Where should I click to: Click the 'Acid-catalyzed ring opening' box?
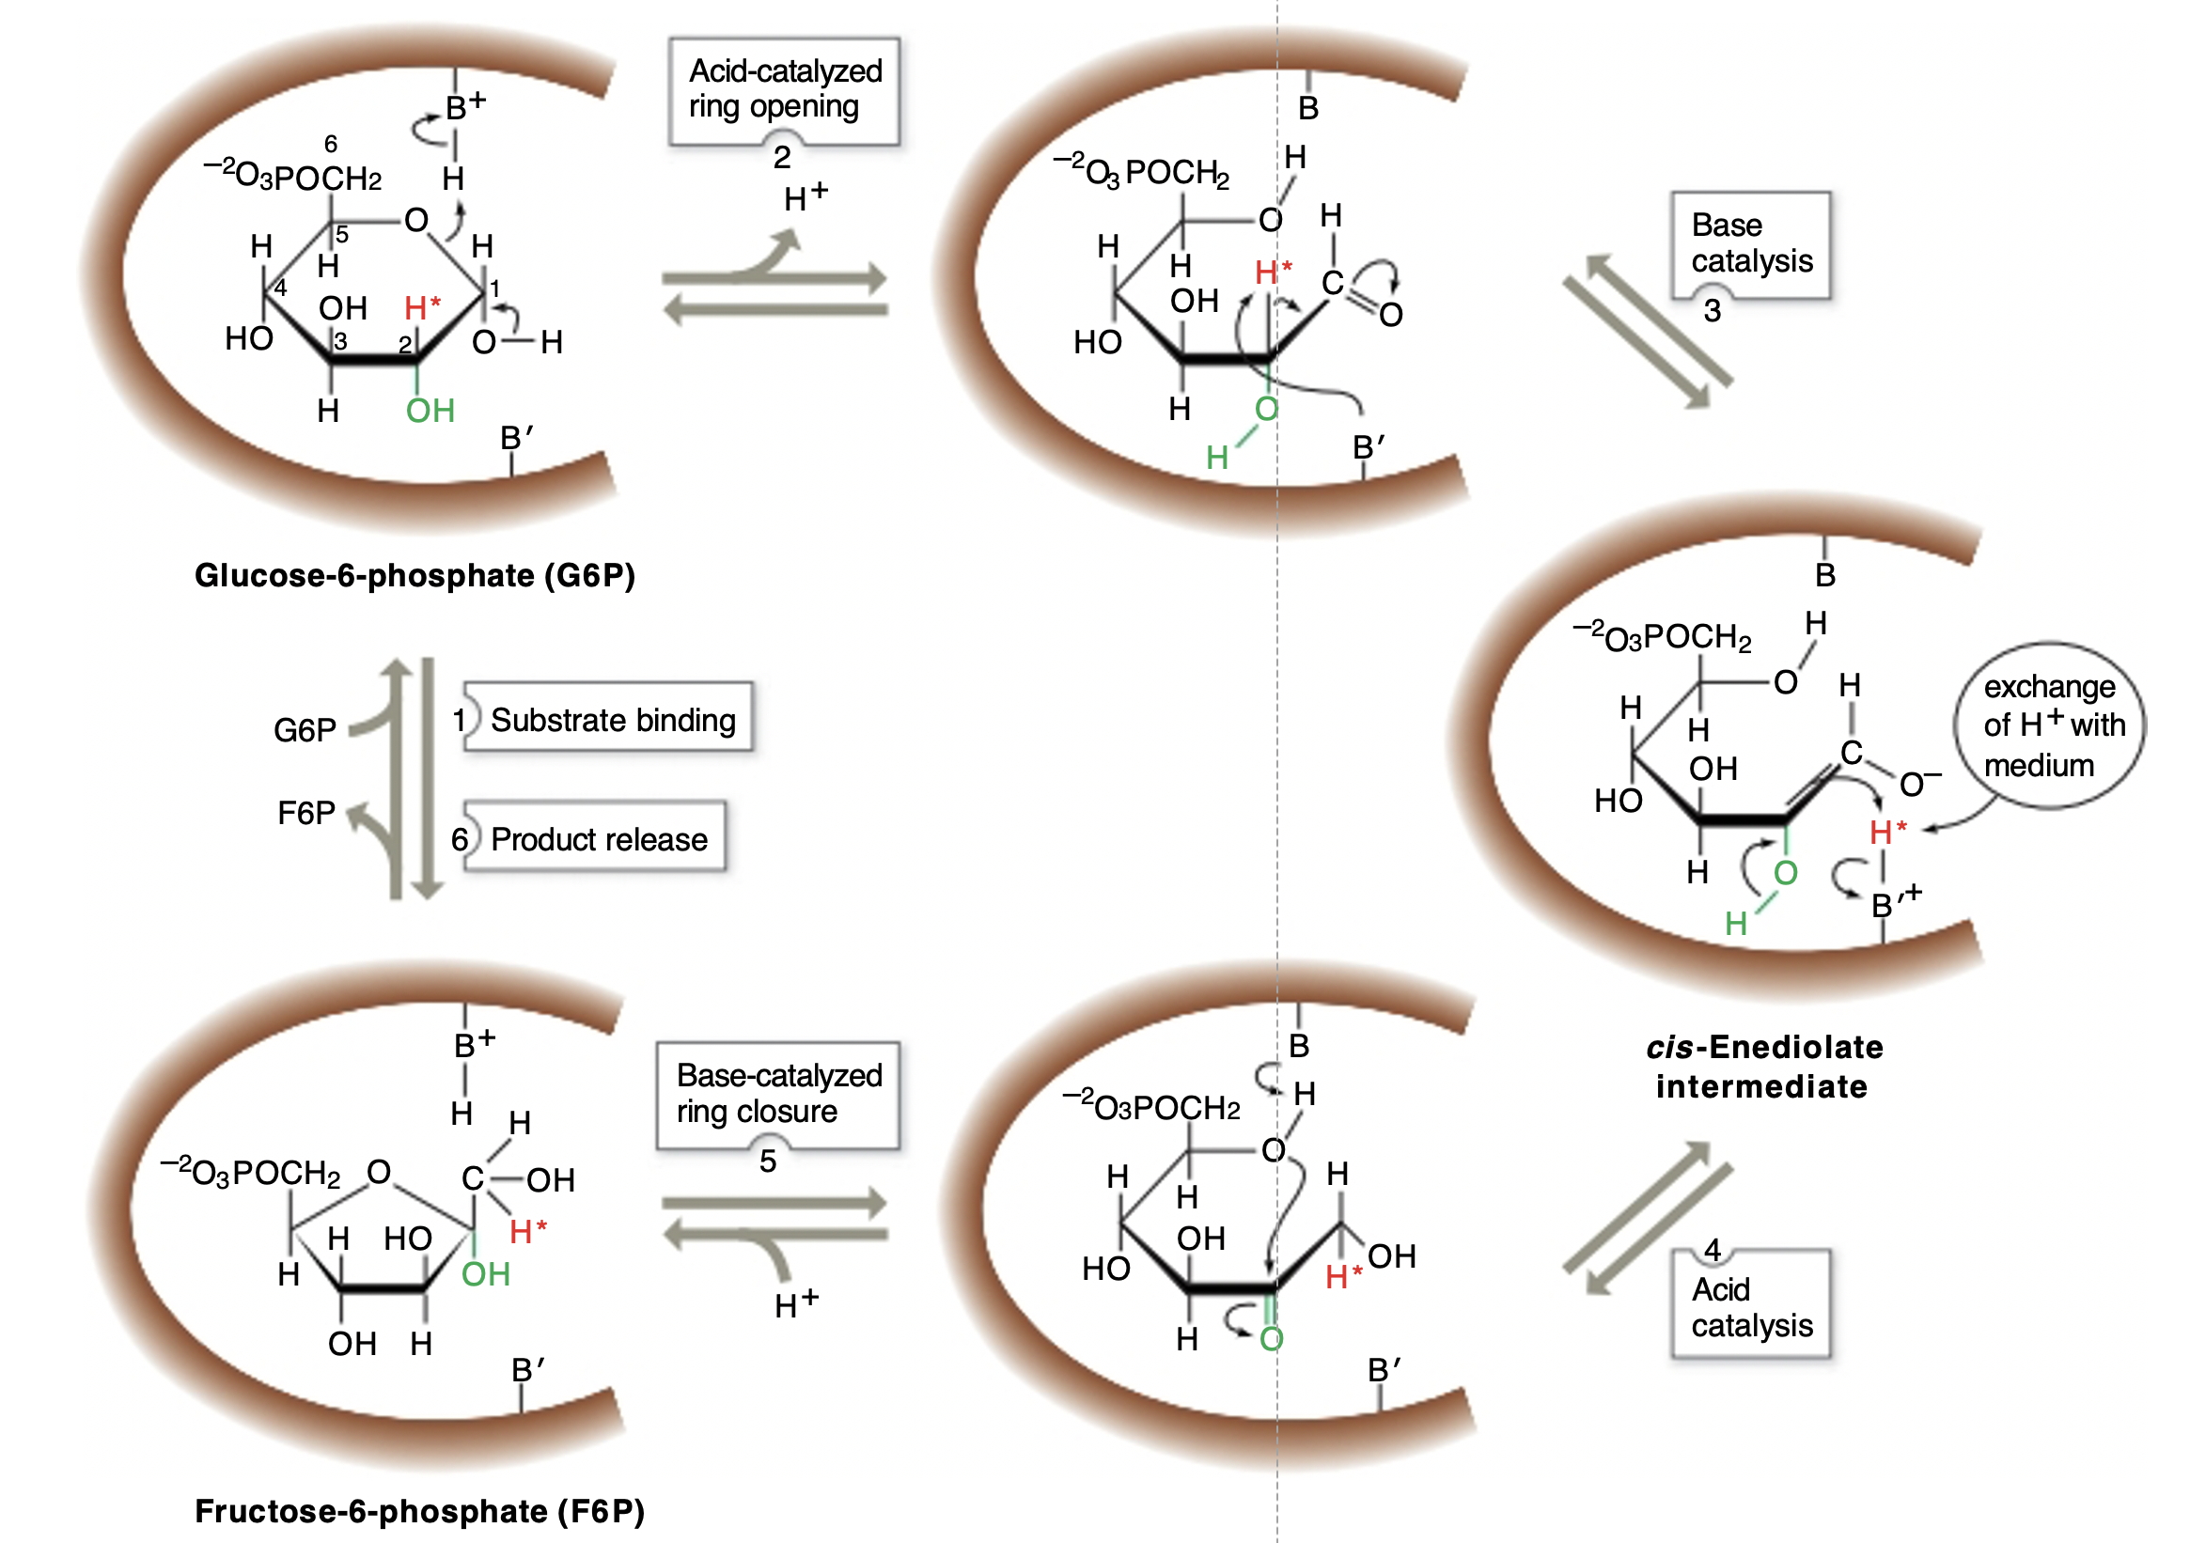coord(784,89)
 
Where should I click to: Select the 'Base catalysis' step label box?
coord(1750,243)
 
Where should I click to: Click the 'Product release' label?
coord(598,839)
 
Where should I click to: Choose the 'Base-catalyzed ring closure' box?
coord(778,1094)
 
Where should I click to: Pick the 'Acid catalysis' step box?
coord(1750,1306)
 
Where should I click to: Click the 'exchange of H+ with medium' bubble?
coord(2051,725)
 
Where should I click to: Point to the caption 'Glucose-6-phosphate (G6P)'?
coord(415,576)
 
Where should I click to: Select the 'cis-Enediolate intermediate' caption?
coord(1763,1068)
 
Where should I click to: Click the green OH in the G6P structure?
coord(430,411)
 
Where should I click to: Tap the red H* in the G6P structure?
coord(422,308)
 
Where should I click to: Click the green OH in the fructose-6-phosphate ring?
coord(486,1274)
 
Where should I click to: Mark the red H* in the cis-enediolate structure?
coord(1886,832)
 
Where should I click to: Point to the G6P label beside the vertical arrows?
coord(305,730)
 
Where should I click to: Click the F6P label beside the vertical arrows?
coord(306,814)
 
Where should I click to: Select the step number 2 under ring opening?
coord(782,157)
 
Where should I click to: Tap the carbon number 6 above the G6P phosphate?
coord(331,144)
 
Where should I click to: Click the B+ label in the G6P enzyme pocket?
coord(465,105)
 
